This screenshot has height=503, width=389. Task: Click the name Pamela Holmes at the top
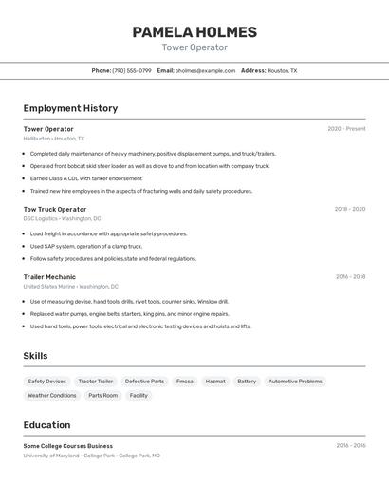[194, 32]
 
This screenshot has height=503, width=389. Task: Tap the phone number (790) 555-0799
[131, 70]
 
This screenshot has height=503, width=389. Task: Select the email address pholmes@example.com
[205, 70]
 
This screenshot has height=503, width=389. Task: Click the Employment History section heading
[70, 108]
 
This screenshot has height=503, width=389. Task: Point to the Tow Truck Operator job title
[55, 209]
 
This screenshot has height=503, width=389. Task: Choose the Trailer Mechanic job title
[49, 277]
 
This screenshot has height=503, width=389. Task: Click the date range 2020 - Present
[346, 129]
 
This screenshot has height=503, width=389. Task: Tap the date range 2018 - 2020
[349, 209]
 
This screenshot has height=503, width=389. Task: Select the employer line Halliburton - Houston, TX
[54, 139]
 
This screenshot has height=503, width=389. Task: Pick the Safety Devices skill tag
[46, 382]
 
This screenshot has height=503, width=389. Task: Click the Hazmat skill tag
[215, 382]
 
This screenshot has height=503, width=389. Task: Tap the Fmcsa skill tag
[184, 382]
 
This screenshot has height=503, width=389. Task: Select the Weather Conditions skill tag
[52, 396]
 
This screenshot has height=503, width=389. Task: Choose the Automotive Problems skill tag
[295, 382]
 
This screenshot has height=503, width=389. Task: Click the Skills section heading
[36, 356]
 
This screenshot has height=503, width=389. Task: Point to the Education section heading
[46, 425]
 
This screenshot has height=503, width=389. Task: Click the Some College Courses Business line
[68, 446]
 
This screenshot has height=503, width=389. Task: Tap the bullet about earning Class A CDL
[85, 178]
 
